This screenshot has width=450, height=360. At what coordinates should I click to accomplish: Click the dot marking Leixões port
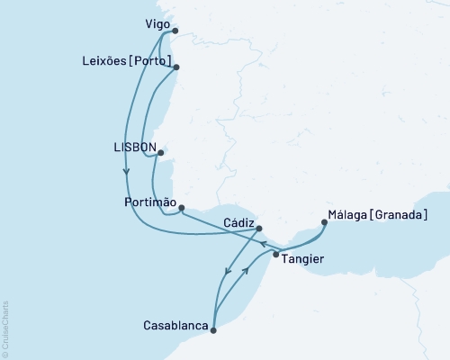click(x=176, y=67)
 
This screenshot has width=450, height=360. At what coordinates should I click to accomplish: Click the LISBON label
click(x=136, y=146)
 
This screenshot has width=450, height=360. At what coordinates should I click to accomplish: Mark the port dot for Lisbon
click(x=160, y=153)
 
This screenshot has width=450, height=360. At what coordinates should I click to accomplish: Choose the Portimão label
click(x=148, y=203)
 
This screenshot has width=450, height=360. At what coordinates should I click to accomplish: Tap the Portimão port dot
click(x=182, y=209)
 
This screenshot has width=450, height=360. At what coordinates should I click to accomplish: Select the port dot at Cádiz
click(x=259, y=229)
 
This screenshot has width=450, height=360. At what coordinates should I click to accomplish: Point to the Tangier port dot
click(x=275, y=255)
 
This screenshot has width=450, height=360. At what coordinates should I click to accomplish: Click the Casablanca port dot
click(x=213, y=330)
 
